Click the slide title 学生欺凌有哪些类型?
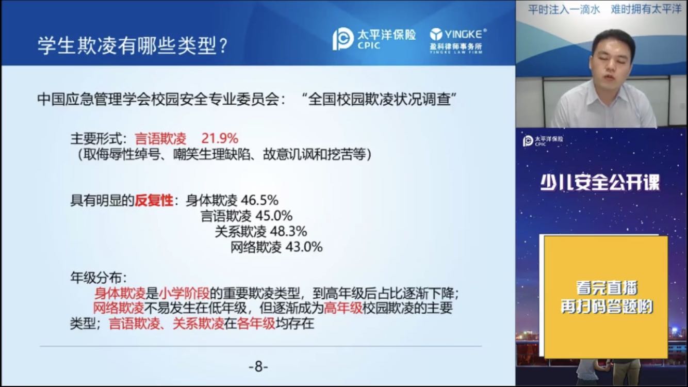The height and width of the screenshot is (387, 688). coord(133,46)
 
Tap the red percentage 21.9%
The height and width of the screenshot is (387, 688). coord(220,139)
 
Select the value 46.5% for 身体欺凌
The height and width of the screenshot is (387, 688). coord(259,200)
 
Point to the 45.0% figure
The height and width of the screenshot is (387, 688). coord(274,216)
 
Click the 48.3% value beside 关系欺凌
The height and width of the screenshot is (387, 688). coord(288,232)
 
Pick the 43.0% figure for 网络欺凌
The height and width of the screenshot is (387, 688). coord(304,247)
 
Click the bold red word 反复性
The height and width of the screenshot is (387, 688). coord(154,201)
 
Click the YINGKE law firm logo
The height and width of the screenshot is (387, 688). coord(458,41)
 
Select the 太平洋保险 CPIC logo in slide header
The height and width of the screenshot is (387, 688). coord(374,39)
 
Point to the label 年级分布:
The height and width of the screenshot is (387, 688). coord(99,278)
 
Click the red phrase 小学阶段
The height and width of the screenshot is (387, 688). coord(184,294)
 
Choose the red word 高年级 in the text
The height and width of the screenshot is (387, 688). coord(343,308)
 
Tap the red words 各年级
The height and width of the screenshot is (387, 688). coord(256,324)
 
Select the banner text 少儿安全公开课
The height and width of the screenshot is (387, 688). coord(600,183)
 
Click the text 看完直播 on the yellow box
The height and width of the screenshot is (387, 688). coord(607,288)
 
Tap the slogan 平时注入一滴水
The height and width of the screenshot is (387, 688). coord(564,9)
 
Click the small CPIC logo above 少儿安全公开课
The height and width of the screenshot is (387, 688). coord(543,141)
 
